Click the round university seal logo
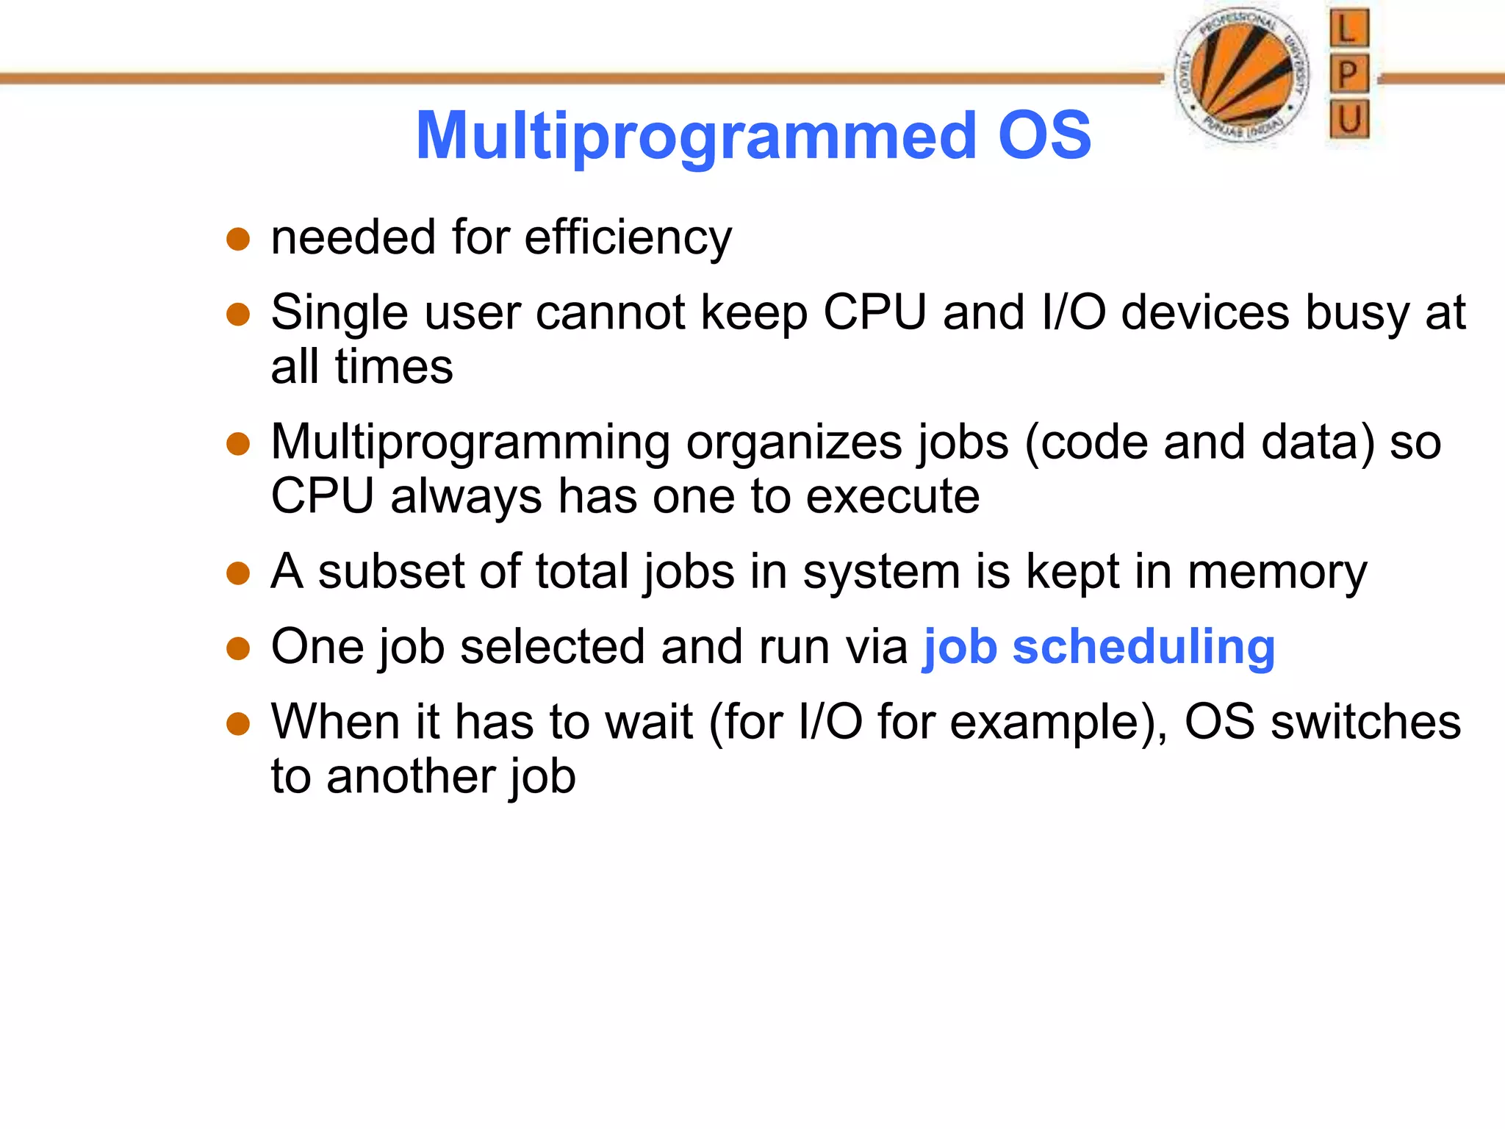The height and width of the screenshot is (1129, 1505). (x=1241, y=75)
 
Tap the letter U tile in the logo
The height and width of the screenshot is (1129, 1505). (x=1348, y=119)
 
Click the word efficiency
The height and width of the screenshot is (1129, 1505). (x=628, y=237)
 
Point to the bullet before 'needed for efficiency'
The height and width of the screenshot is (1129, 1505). (x=238, y=240)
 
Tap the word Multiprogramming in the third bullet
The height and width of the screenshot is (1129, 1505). (x=470, y=442)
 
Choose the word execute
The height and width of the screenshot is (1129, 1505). (x=893, y=496)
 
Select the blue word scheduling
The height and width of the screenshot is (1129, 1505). (x=1143, y=647)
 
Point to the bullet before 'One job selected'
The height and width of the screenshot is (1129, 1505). (x=238, y=649)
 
